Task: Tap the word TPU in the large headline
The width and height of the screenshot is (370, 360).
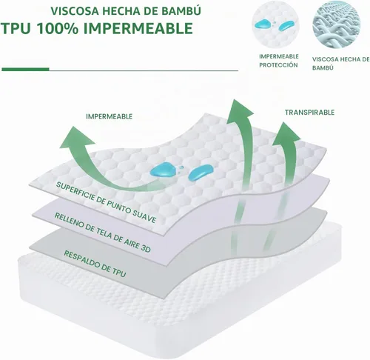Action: [x=16, y=28]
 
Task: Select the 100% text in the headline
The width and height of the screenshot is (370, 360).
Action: [x=58, y=28]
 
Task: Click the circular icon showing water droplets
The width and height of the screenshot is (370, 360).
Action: [x=275, y=24]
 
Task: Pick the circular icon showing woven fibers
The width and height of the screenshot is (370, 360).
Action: [x=337, y=24]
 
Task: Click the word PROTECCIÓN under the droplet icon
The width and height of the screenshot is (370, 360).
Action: [x=278, y=65]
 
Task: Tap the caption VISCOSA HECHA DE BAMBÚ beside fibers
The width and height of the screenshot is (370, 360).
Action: [x=340, y=64]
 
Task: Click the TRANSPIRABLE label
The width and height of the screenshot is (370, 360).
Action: [x=309, y=113]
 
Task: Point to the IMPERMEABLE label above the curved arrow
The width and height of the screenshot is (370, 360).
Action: [x=110, y=116]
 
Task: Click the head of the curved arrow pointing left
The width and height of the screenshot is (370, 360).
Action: [x=75, y=139]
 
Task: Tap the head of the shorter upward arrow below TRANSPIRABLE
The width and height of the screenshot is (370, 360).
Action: [x=286, y=135]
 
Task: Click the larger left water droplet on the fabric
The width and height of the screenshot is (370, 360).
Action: [x=161, y=170]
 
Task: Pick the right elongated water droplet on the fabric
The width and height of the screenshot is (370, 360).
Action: [x=201, y=172]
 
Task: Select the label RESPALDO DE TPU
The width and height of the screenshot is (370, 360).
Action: [x=95, y=264]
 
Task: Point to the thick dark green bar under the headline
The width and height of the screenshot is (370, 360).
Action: [x=25, y=70]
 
